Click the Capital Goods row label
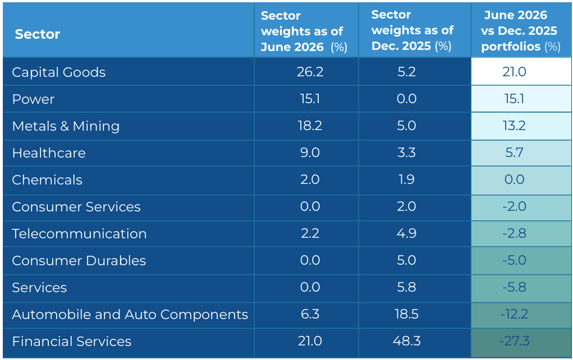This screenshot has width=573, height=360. (x=58, y=72)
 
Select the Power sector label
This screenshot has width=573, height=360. (x=33, y=99)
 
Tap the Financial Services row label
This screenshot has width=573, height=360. (x=72, y=341)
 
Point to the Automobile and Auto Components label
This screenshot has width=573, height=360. (x=130, y=315)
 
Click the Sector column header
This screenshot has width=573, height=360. (x=37, y=34)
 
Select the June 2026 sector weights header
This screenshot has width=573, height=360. (x=304, y=31)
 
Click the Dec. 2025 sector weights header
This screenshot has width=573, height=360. (x=412, y=30)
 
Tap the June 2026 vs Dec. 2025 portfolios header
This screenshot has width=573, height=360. (x=521, y=31)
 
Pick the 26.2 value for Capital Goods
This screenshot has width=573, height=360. (x=310, y=72)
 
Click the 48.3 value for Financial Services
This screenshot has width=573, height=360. (x=407, y=341)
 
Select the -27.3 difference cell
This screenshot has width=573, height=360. (x=514, y=341)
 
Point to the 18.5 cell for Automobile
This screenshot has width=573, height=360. (x=407, y=314)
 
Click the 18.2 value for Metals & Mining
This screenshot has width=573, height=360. (x=310, y=126)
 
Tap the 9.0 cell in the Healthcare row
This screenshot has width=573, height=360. (x=310, y=153)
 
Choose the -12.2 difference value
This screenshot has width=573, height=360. (x=514, y=314)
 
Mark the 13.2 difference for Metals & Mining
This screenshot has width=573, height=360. (x=514, y=126)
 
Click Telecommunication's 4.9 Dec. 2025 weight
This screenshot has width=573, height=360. (x=407, y=233)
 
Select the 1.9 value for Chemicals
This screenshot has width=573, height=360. (x=407, y=179)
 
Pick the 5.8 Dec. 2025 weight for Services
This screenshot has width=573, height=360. (x=407, y=287)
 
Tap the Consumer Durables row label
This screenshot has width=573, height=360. (x=79, y=261)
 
